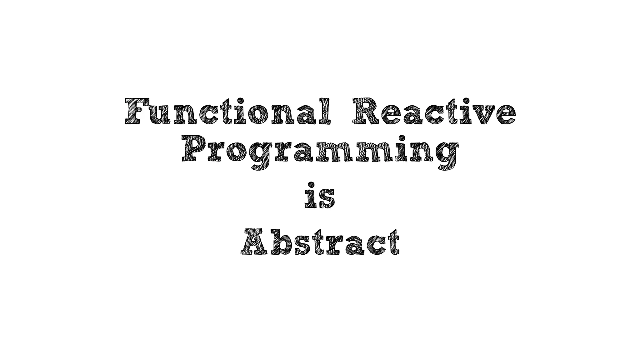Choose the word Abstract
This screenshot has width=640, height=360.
pos(320,242)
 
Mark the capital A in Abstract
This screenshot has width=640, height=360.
pos(255,242)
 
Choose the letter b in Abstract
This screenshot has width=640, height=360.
pos(281,242)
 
